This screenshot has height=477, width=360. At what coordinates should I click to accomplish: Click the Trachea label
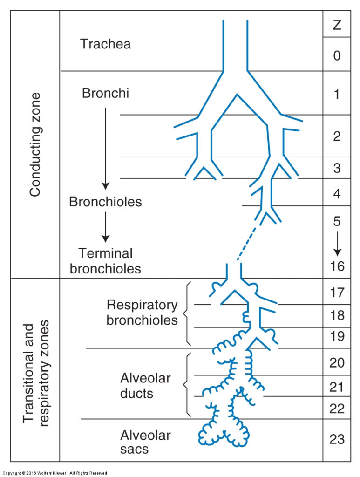pos(105,44)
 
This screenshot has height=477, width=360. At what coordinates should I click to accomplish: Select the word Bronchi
pos(105,93)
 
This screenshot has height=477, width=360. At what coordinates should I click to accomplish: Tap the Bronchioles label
pos(105,202)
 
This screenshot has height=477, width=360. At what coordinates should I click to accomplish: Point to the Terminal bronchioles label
pos(105,261)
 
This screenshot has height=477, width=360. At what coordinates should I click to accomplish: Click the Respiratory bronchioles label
pos(142,313)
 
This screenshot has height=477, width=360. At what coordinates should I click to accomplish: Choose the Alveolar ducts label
pos(145,386)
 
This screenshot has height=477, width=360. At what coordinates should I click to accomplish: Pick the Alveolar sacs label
pos(145,442)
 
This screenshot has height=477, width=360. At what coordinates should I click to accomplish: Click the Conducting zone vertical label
pos(35,144)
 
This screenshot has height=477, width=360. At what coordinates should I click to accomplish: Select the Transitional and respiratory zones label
pos(35,373)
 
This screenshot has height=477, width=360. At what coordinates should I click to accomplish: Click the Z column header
pos(337,25)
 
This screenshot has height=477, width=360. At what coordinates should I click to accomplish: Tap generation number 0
pos(337,56)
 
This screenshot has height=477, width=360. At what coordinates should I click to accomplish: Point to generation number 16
pos(337,266)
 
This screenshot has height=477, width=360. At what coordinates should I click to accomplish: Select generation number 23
pos(337,439)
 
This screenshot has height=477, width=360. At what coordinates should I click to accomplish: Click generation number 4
pos(337,193)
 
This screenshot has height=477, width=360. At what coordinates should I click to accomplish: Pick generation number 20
pos(337,362)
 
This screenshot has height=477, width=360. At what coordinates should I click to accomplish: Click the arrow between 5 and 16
pos(337,244)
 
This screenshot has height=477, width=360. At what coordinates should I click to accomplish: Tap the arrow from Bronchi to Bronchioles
pos(106,149)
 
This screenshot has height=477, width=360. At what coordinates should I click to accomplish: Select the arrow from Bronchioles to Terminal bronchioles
pos(106,227)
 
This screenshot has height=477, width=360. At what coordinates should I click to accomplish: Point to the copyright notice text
pos(55,473)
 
